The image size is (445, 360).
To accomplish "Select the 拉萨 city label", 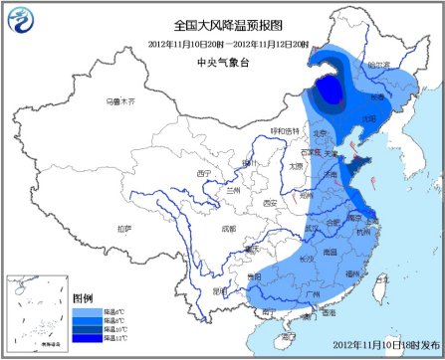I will [123, 228].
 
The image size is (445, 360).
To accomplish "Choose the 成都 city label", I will [230, 228].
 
